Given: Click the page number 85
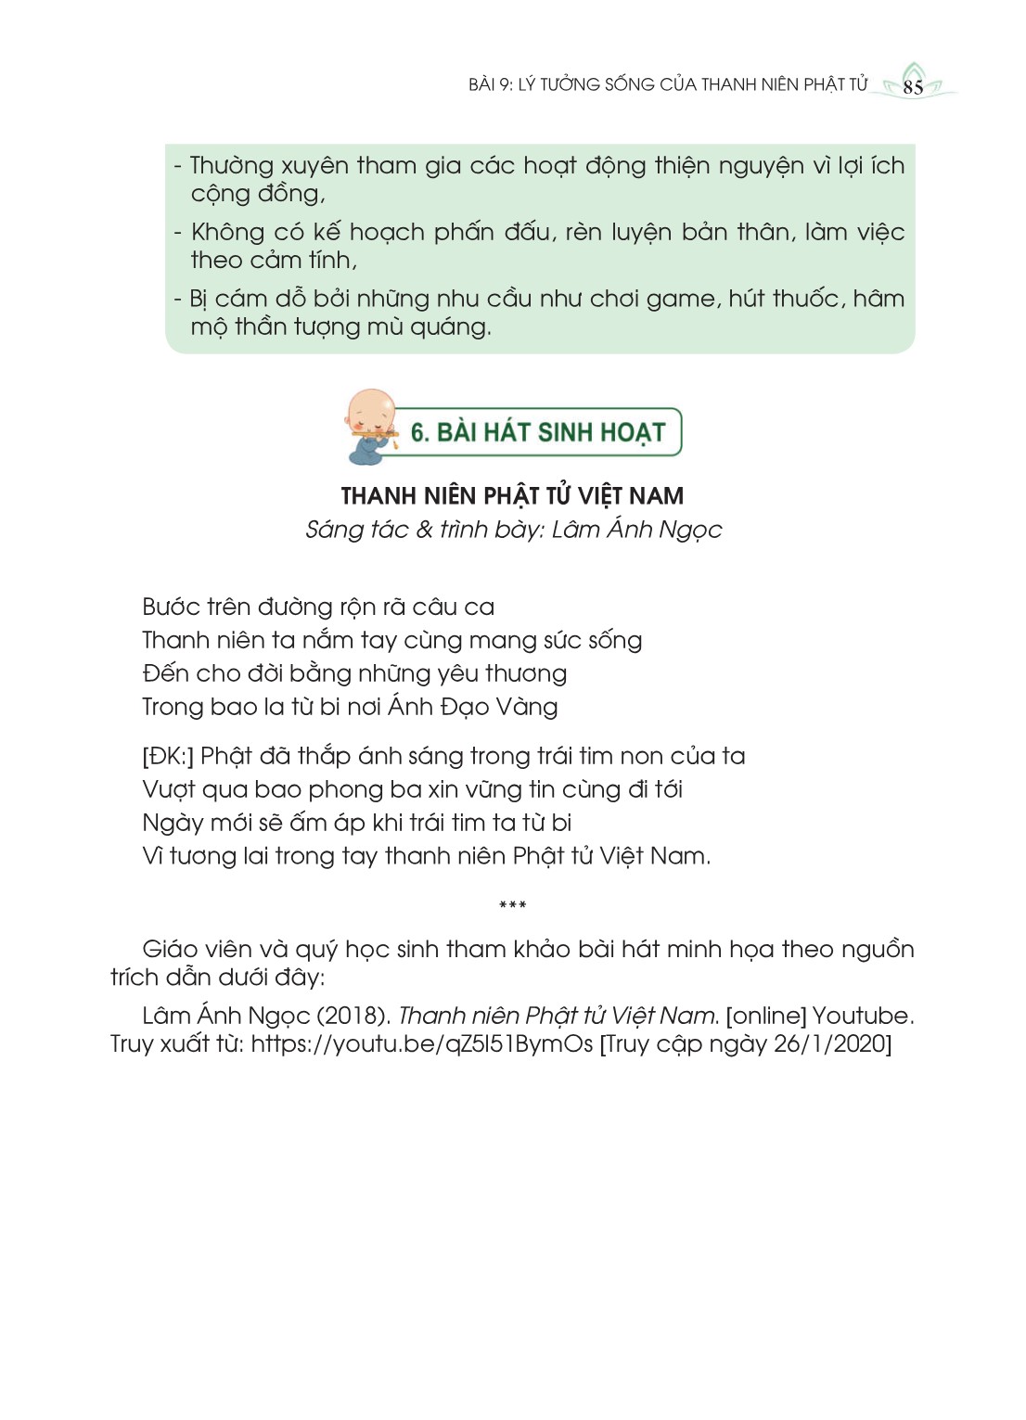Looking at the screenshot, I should [x=913, y=87].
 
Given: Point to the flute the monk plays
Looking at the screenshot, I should [x=375, y=433].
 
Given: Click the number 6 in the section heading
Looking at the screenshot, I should [x=418, y=433].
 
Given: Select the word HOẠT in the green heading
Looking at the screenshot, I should [x=634, y=433].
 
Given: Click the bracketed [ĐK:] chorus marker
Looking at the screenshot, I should [x=168, y=756].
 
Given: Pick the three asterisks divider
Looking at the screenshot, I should [x=512, y=905].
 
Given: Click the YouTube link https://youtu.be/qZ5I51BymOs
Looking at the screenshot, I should [x=421, y=1043].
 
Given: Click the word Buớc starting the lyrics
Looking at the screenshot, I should [x=170, y=607].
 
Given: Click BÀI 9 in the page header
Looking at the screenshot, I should [x=490, y=84].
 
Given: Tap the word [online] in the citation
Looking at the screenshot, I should [x=765, y=1016].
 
